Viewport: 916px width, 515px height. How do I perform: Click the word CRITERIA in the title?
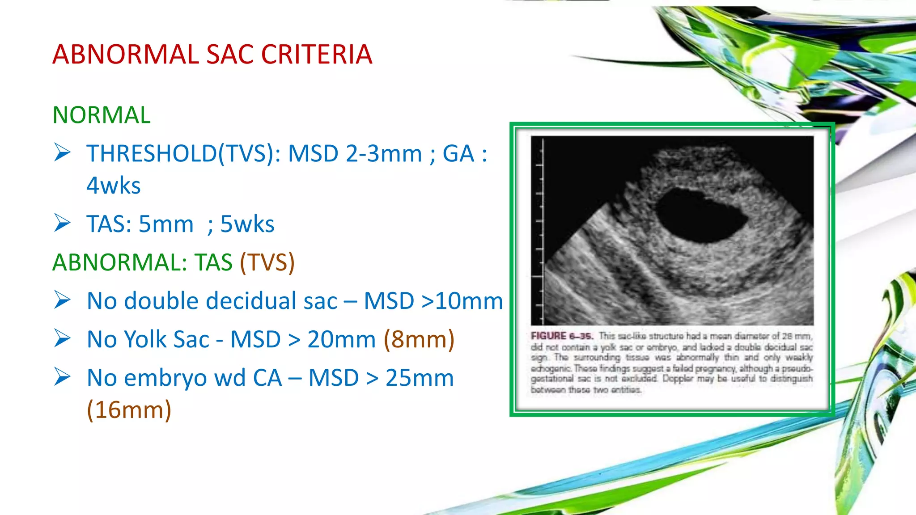point(316,55)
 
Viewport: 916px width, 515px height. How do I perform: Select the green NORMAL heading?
point(102,115)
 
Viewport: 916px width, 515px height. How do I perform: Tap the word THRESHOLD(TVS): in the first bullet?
point(183,154)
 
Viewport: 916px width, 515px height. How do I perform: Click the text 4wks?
point(114,186)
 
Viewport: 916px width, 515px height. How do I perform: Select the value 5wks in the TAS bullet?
point(247,224)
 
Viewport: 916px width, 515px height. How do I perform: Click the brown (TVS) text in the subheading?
point(267,262)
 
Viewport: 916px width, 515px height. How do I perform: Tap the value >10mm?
point(462,301)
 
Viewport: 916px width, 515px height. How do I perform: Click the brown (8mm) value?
point(419,339)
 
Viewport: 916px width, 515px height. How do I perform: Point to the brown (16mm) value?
point(129,409)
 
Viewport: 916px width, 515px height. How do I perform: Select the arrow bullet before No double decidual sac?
point(62,300)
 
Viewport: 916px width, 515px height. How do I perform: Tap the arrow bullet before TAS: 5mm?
point(62,223)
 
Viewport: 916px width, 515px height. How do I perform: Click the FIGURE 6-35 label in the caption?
point(562,336)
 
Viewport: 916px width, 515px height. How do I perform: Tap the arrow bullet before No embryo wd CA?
point(62,377)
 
